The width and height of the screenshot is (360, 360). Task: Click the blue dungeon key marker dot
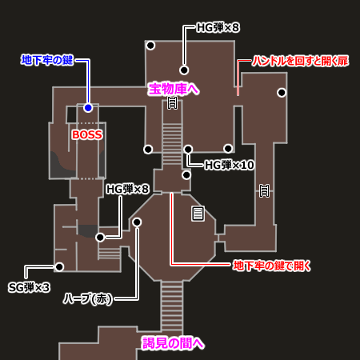coord(88,108)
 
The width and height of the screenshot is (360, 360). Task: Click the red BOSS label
coord(87,134)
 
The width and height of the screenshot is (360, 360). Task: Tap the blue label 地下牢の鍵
coord(47,60)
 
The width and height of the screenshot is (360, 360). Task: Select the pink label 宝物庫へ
coord(174,89)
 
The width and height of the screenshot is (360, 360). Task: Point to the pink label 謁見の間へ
coord(174,343)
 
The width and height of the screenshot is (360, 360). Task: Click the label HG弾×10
coord(229,165)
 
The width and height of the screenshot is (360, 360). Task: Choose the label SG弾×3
coord(29,287)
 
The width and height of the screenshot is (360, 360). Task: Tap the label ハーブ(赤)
coord(88,298)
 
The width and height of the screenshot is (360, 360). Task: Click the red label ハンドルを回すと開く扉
coord(300,61)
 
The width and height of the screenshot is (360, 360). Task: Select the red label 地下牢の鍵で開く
coord(272,266)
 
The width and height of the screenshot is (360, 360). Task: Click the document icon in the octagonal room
coord(198,214)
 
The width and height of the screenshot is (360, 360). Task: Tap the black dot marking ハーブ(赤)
coord(137,222)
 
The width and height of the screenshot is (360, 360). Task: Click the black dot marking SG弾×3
coord(59,266)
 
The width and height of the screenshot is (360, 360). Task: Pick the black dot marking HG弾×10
coord(188,150)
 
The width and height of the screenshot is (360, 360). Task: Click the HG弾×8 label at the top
coord(218,27)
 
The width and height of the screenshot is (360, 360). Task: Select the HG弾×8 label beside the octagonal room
coord(127,189)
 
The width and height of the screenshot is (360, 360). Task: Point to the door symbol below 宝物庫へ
coord(172,102)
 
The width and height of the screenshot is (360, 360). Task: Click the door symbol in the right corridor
coord(264,190)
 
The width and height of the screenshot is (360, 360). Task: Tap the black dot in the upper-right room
coord(282,93)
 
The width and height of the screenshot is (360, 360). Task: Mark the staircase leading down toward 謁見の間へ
coord(172,306)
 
